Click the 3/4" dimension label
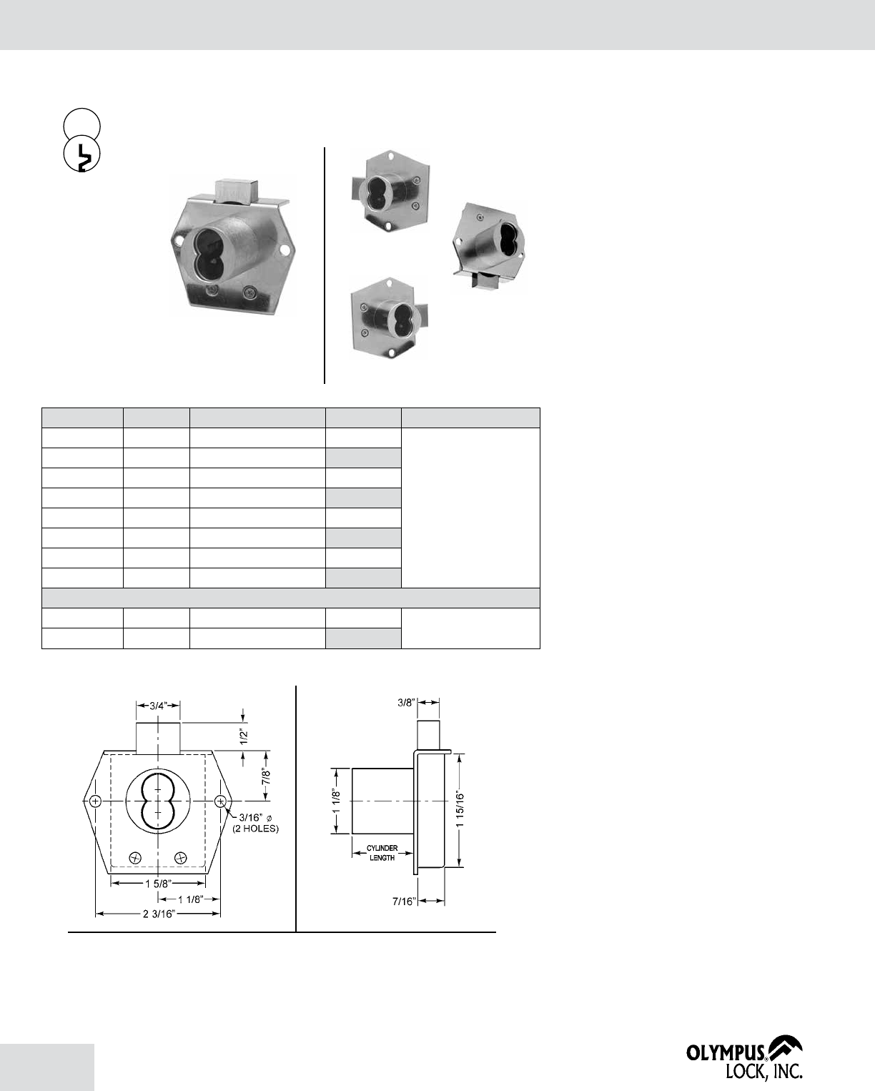pos(158,706)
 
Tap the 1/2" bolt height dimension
pos(244,736)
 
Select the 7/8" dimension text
pos(266,776)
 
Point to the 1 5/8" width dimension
pos(159,884)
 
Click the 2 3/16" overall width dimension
pos(159,914)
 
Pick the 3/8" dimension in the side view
pos(407,702)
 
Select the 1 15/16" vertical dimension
pos(460,809)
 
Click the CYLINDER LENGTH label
pos(382,853)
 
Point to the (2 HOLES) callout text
pos(255,829)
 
